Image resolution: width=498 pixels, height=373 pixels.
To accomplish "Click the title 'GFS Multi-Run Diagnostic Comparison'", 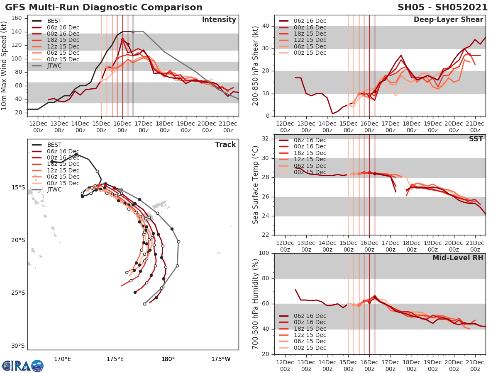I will [104, 7].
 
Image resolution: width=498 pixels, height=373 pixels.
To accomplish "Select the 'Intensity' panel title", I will [219, 20].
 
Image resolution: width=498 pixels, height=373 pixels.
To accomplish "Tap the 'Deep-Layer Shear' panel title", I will [448, 20].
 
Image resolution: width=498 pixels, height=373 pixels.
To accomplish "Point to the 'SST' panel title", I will [476, 139].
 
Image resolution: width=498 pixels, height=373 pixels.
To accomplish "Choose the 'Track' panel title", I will [225, 145].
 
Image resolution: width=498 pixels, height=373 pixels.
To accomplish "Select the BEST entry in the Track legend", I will [54, 145].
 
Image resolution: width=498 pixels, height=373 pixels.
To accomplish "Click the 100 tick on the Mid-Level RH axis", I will [264, 253].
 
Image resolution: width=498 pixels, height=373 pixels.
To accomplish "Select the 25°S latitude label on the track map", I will [18, 293].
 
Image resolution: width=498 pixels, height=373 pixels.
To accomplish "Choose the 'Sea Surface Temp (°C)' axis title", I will [256, 185].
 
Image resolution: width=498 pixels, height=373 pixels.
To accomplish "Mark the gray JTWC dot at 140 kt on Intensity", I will [133, 32].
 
